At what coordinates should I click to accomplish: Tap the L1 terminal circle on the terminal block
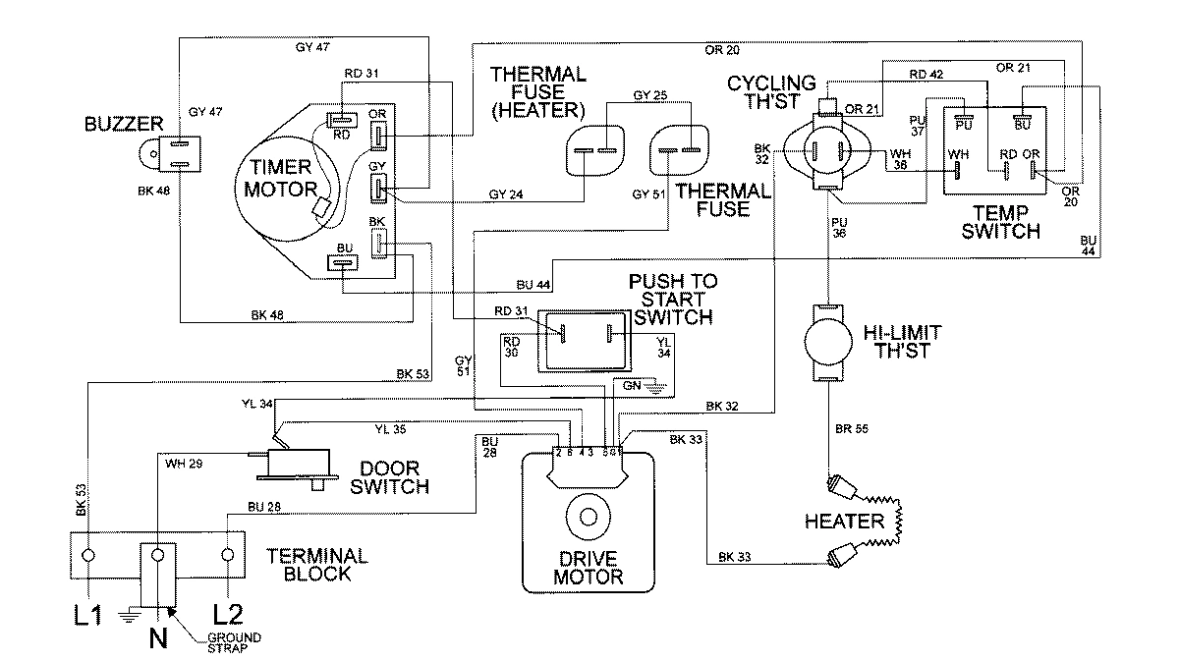click(x=90, y=555)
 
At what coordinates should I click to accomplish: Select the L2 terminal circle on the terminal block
click(x=229, y=555)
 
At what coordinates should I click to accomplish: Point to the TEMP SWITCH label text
click(x=1000, y=222)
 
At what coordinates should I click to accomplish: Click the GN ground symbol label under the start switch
click(x=633, y=386)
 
